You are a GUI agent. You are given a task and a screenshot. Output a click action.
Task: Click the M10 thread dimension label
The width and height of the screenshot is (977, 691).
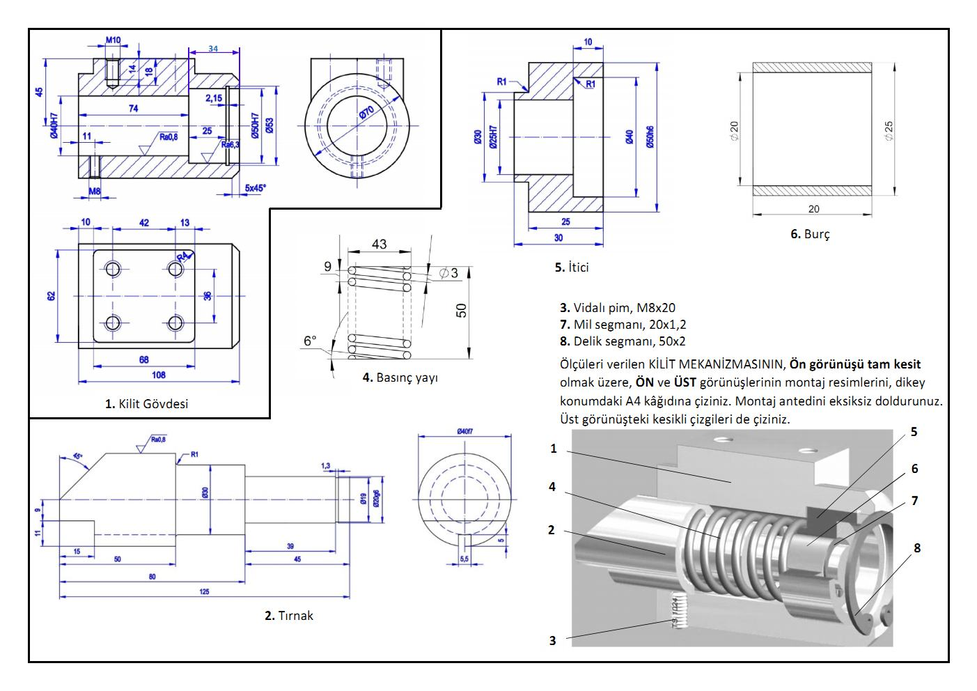pyautogui.click(x=113, y=40)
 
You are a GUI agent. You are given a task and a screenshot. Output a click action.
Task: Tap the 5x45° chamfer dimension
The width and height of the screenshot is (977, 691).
pyautogui.click(x=255, y=187)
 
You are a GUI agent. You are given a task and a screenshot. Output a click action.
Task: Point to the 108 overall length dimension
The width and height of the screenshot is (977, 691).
pyautogui.click(x=158, y=375)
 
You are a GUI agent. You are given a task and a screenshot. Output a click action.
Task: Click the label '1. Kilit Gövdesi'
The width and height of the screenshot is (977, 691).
pyautogui.click(x=146, y=403)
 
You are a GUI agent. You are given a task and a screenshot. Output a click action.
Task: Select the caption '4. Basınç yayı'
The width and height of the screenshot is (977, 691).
pyautogui.click(x=400, y=378)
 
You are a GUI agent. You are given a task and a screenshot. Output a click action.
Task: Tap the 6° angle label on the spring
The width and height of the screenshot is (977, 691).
pyautogui.click(x=310, y=341)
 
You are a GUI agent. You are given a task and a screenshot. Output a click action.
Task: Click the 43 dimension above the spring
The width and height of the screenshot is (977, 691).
pyautogui.click(x=379, y=244)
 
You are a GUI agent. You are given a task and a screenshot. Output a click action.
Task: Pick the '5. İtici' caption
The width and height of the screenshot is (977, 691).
pyautogui.click(x=571, y=267)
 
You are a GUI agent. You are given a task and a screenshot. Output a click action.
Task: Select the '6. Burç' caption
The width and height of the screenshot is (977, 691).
pyautogui.click(x=809, y=234)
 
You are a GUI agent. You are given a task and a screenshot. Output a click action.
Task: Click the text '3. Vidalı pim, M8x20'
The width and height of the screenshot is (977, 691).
pyautogui.click(x=617, y=307)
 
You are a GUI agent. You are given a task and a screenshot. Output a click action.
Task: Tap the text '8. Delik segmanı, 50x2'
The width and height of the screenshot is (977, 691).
pyautogui.click(x=623, y=341)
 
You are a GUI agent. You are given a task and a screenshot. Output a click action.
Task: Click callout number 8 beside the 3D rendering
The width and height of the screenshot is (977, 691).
pyautogui.click(x=916, y=548)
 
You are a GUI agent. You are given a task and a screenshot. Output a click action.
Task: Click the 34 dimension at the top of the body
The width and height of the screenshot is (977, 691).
pyautogui.click(x=213, y=49)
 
